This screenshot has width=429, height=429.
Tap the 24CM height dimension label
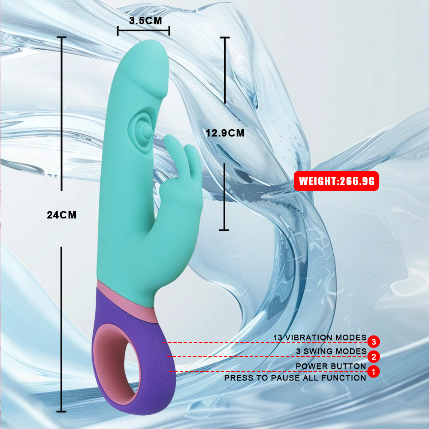[x=61, y=215]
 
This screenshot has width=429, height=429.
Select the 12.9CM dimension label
[x=225, y=133]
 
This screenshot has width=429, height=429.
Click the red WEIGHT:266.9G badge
[x=336, y=181]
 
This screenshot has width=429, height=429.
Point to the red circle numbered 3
[x=374, y=341]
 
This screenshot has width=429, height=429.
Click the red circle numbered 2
[x=374, y=356]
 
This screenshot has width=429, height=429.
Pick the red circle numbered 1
[x=374, y=372]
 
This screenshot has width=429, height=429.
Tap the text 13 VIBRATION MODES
[x=320, y=338]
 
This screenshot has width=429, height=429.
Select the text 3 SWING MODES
[x=331, y=352]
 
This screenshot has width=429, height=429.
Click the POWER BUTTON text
[x=331, y=366]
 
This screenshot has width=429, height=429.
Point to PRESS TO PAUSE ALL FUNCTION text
[x=295, y=378]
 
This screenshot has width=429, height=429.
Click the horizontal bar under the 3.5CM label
[x=143, y=30]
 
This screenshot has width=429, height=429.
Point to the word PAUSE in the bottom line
[x=283, y=378]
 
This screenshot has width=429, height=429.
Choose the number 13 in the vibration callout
[x=278, y=338]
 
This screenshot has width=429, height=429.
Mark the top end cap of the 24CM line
[x=61, y=37]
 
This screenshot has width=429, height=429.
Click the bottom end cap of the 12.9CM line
[x=224, y=230]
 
